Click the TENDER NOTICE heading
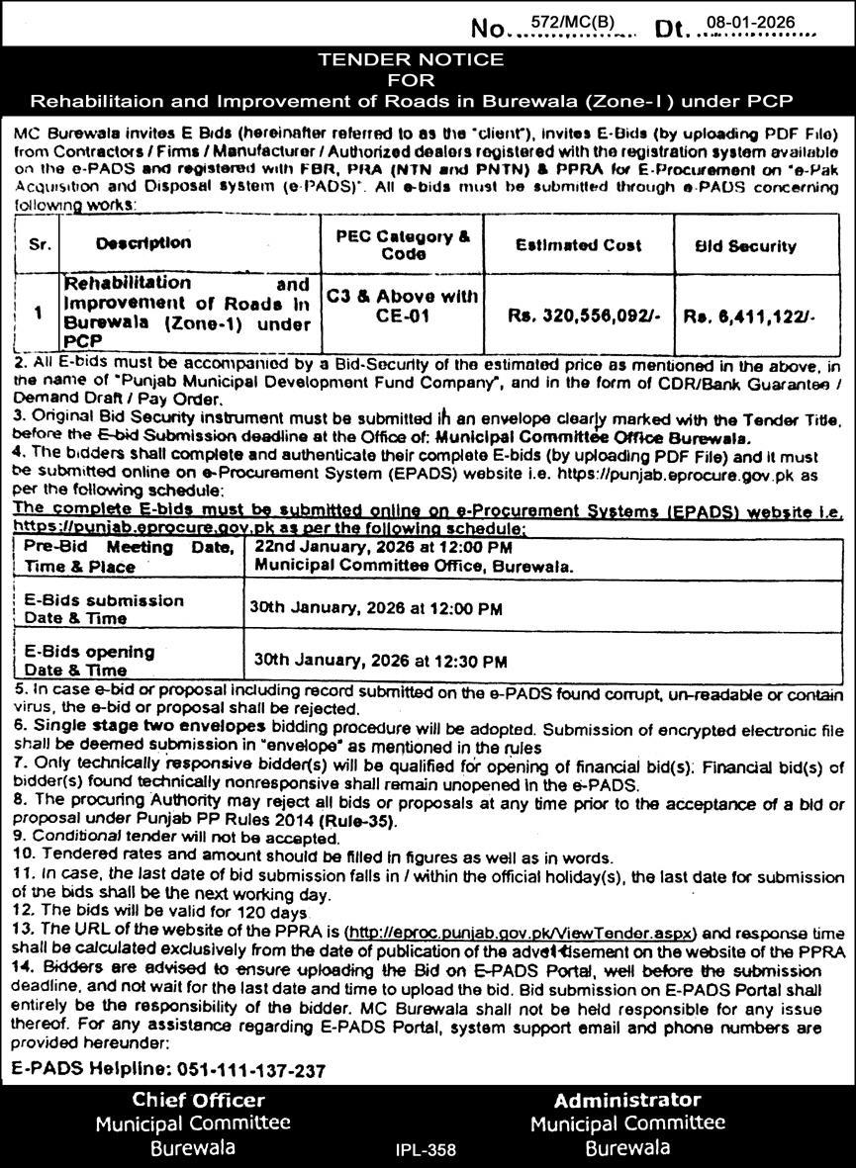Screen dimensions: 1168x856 click(x=410, y=59)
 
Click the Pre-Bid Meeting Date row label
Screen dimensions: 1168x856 click(x=128, y=557)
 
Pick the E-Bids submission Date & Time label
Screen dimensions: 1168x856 click(x=104, y=609)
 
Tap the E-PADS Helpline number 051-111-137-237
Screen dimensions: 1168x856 click(x=252, y=1071)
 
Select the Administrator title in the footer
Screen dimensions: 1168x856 click(x=627, y=1100)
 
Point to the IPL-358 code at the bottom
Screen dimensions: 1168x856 click(x=426, y=1150)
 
